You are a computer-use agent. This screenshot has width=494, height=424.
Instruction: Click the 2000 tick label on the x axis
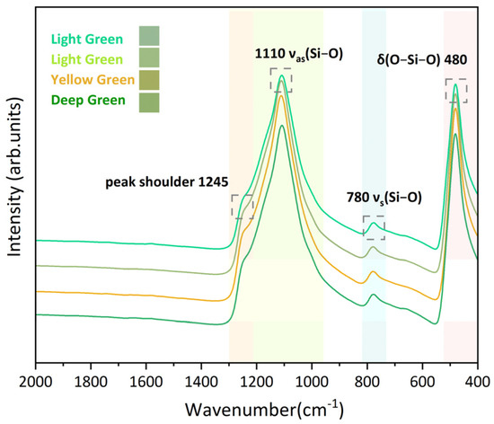tap(35, 381)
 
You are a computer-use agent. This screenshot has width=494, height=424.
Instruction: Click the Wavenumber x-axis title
tap(263, 407)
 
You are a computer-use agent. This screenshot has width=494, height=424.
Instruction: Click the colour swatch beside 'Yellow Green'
tap(150, 79)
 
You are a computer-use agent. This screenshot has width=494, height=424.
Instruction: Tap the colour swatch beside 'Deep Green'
tap(150, 100)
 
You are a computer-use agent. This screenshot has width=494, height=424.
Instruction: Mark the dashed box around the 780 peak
tap(374, 227)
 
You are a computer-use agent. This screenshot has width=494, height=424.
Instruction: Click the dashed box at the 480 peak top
tap(456, 91)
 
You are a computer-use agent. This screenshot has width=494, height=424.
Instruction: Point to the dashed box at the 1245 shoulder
tap(243, 207)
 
